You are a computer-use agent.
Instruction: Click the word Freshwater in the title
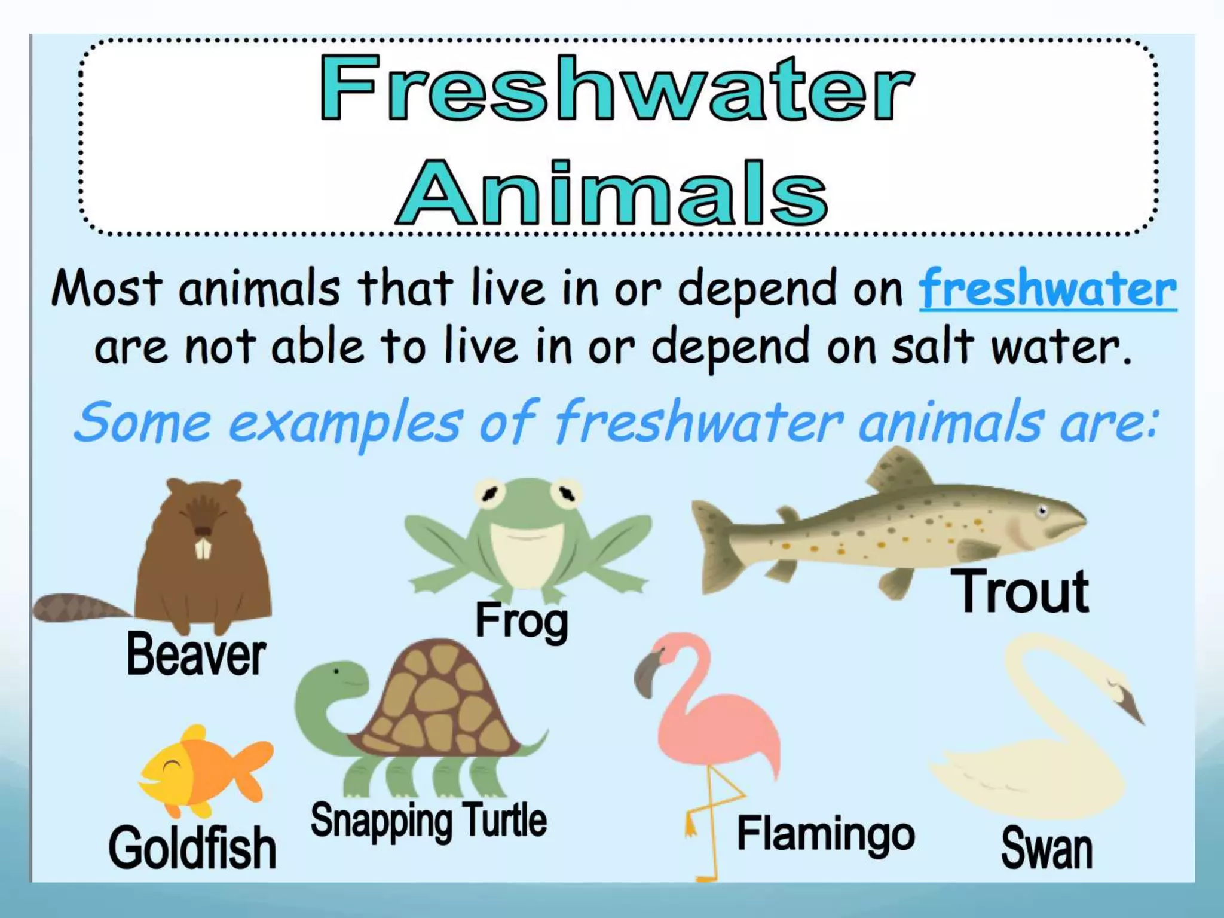click(617, 88)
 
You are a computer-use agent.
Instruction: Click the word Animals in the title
click(612, 192)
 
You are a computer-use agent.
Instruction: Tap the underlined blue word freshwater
click(1048, 290)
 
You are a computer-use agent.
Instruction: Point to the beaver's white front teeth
click(203, 549)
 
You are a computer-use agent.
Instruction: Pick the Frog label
click(521, 622)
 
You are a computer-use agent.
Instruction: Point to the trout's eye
click(1042, 511)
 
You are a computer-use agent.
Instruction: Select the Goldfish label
click(192, 847)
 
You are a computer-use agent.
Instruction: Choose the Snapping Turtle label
click(429, 821)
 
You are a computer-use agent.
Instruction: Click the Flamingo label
click(826, 834)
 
